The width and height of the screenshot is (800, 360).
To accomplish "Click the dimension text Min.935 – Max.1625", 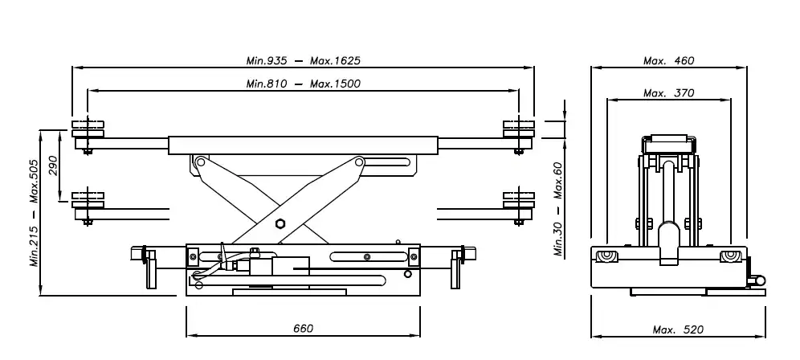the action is (x=303, y=61).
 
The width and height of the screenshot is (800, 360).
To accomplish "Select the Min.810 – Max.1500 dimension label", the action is (x=303, y=84).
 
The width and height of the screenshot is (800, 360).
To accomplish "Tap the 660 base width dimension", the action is (x=303, y=329).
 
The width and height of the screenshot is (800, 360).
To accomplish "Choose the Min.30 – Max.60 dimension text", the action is (x=559, y=209).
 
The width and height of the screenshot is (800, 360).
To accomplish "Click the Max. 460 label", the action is (x=669, y=61).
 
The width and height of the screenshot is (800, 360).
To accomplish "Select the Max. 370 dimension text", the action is (x=669, y=93).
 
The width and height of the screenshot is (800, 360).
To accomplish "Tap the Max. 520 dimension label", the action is (x=678, y=330).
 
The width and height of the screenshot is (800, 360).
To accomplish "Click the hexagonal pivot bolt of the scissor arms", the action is (x=280, y=223).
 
